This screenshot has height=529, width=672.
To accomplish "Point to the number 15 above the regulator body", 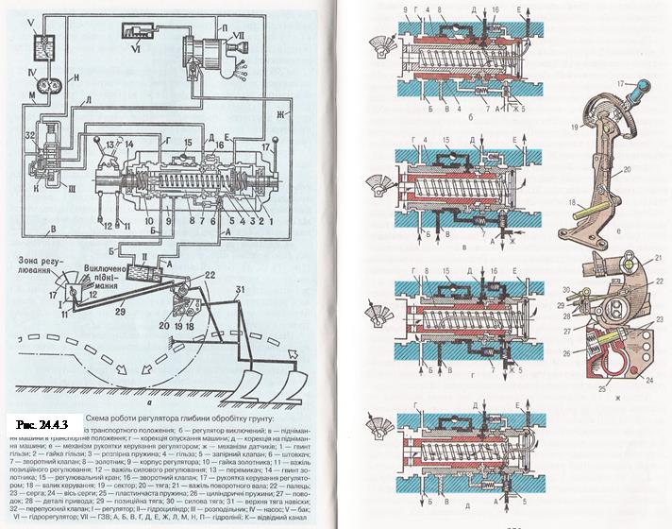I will click(x=187, y=142).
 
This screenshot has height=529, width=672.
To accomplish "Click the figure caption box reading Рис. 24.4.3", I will click(x=39, y=418).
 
